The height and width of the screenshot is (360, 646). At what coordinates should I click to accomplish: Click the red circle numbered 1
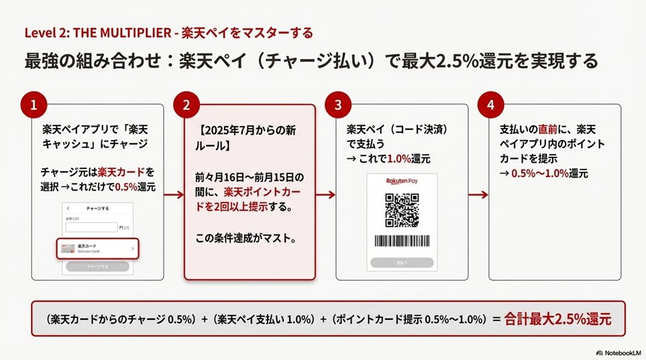pos(34,105)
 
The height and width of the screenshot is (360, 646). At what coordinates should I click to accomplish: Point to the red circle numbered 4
pos(490,105)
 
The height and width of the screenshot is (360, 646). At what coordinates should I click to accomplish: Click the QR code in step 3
pos(402,210)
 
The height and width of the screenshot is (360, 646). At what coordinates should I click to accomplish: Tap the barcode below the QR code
pos(402,241)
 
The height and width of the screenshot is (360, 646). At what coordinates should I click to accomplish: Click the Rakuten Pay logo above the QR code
pos(402,182)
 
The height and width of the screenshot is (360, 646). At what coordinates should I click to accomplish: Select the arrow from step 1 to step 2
pos(174,195)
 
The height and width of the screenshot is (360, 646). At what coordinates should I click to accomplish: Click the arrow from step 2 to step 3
pos(325,195)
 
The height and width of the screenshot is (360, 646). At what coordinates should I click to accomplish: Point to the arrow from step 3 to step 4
pos(478,195)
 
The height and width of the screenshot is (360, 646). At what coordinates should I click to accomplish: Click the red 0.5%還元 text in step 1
pos(136,187)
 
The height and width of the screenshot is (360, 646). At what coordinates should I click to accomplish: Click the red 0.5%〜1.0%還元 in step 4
pos(549,173)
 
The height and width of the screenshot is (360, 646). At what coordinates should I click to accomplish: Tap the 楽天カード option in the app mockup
pos(97,249)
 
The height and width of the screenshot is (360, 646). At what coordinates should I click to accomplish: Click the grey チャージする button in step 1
pos(97,267)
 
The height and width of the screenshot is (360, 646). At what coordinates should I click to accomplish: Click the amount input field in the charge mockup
pos(91,227)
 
